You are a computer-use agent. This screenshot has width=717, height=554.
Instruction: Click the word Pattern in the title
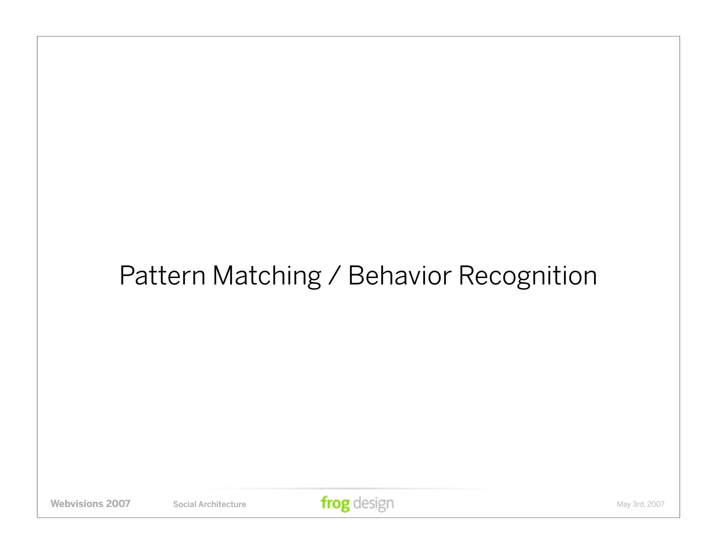[x=162, y=276]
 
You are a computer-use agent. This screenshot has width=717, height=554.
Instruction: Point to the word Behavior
[x=399, y=276]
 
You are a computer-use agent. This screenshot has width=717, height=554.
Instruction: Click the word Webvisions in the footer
[x=77, y=504]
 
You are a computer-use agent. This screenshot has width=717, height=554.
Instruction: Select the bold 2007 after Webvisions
[x=118, y=504]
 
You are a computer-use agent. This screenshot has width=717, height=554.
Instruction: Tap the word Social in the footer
[x=184, y=504]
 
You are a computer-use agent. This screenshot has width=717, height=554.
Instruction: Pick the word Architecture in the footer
[x=222, y=504]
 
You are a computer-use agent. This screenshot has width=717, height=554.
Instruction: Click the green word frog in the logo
[x=335, y=504]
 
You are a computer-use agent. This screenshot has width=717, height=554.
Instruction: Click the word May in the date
[x=624, y=505]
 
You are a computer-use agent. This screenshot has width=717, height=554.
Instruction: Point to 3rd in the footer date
[x=638, y=504]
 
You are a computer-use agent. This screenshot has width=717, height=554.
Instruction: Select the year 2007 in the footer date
[x=656, y=504]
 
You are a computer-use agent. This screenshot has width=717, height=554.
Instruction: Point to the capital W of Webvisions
[x=56, y=504]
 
